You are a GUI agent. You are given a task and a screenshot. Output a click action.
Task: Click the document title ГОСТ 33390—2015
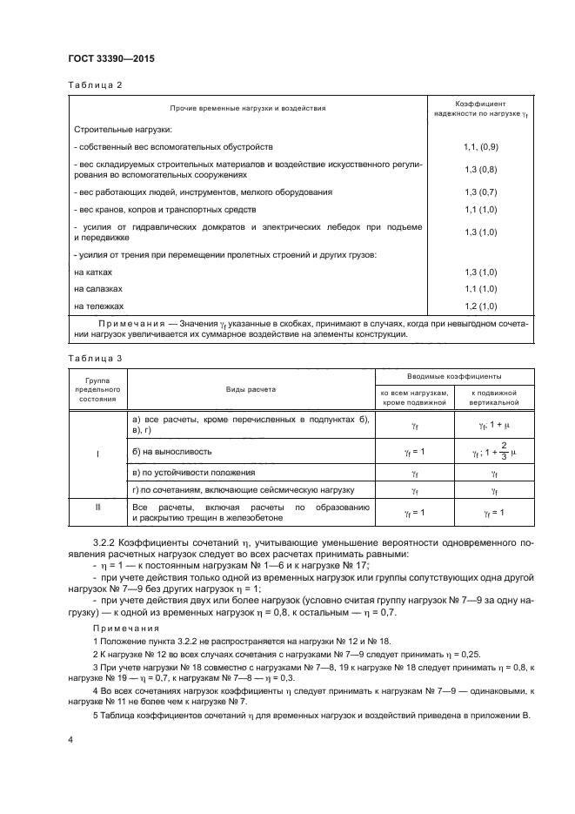click(x=105, y=59)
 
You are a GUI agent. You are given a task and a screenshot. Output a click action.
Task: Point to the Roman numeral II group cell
click(x=97, y=505)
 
